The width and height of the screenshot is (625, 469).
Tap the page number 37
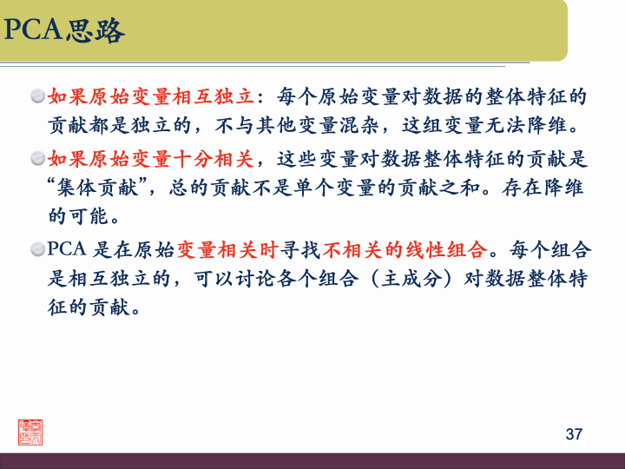point(573,433)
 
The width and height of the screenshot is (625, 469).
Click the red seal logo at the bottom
point(30,430)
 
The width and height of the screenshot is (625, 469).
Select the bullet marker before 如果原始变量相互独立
point(37,95)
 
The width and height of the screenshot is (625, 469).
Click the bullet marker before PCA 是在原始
point(37,251)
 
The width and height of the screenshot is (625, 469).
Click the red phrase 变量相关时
point(227,251)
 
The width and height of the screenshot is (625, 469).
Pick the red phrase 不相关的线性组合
point(405,251)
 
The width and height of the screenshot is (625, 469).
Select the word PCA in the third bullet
point(67,251)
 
